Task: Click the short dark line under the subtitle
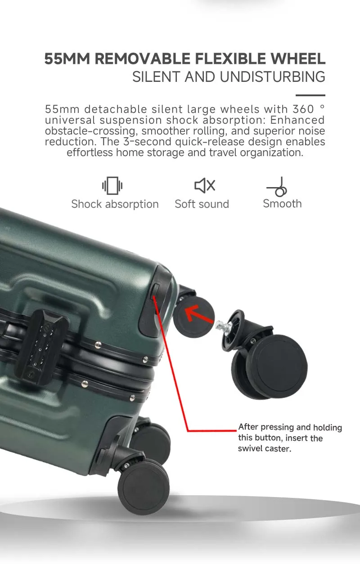tap(310, 95)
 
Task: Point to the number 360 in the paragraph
tap(302, 109)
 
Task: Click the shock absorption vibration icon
tap(112, 185)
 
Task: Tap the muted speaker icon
tap(204, 185)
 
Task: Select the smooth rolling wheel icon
tap(278, 187)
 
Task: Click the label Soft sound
tap(202, 204)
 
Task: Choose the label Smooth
tap(282, 204)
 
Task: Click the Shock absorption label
tap(115, 204)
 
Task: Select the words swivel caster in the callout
tap(265, 448)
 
